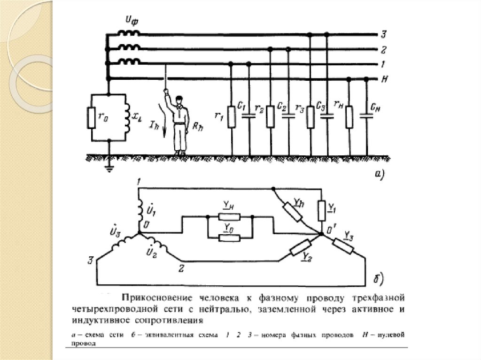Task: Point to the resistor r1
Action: point(231,117)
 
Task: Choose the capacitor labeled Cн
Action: point(367,114)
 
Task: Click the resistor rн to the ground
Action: point(349,117)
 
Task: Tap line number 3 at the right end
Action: point(383,34)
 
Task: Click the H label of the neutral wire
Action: point(384,79)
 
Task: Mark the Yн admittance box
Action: point(230,217)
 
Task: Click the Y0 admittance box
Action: point(230,237)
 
